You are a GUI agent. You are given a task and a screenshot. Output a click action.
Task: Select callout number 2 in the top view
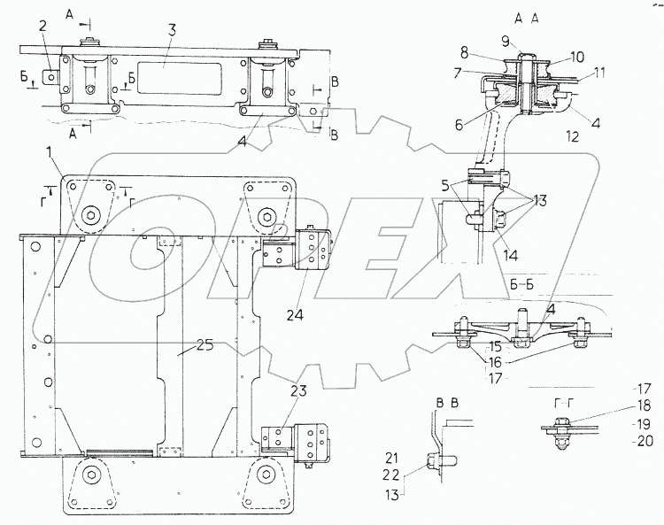42,25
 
